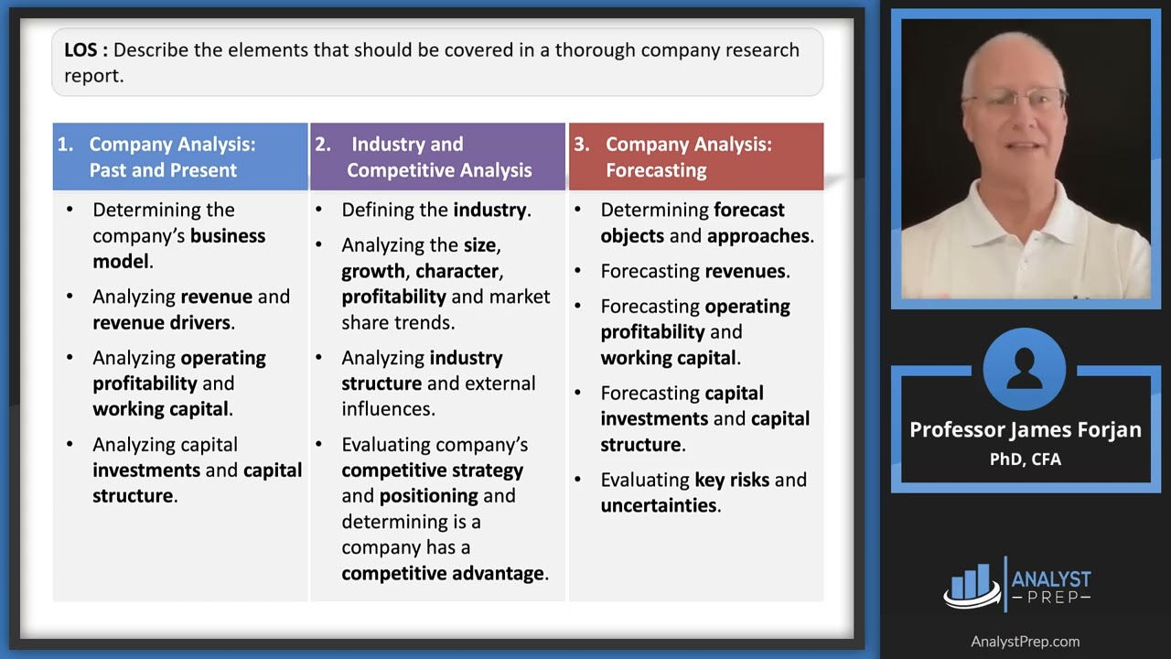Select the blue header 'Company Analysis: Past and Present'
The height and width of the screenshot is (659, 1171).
point(172,157)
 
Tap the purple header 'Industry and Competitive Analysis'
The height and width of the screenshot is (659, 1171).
point(438,157)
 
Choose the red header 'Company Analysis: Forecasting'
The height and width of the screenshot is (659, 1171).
point(688,157)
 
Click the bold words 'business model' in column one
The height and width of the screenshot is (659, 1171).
point(178,248)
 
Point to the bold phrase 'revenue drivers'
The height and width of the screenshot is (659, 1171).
point(161,322)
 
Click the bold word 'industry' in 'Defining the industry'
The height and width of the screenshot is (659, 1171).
point(489,210)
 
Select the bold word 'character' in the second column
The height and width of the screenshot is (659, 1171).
point(457,271)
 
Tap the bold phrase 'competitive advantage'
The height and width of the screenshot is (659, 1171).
point(443,573)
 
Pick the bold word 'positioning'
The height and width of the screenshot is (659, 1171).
point(428,495)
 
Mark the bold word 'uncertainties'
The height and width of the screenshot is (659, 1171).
point(658,505)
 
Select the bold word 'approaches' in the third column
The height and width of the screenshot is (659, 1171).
point(758,235)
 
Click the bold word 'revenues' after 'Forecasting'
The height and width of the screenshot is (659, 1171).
point(745,271)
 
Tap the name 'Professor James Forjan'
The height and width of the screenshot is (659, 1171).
point(1025,429)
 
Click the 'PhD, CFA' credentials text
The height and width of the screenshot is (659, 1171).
point(1025,459)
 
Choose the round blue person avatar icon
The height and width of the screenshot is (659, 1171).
point(1025,370)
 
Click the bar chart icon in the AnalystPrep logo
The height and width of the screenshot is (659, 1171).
point(972,583)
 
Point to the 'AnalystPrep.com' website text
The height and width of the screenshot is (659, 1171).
point(1025,642)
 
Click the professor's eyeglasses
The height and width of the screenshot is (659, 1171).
point(1017,99)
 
